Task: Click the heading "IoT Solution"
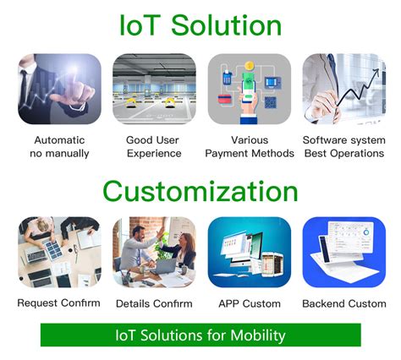[x=200, y=25]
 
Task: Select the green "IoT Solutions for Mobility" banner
[x=200, y=335]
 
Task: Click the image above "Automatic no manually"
[x=59, y=90]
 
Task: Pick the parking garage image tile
[x=154, y=90]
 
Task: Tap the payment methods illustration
[x=249, y=90]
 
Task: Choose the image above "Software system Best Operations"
[x=343, y=90]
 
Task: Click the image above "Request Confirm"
[x=59, y=253]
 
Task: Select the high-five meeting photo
[x=154, y=253]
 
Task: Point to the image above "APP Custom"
[x=249, y=253]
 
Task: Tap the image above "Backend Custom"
[x=343, y=253]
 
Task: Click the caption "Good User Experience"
[x=154, y=146]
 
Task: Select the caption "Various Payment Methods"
[x=250, y=146]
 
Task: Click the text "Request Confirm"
[x=59, y=303]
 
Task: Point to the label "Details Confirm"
[x=154, y=303]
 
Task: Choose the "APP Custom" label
[x=249, y=303]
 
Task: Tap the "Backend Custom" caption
[x=344, y=303]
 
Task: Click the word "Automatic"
[x=59, y=139]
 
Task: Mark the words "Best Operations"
[x=343, y=153]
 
